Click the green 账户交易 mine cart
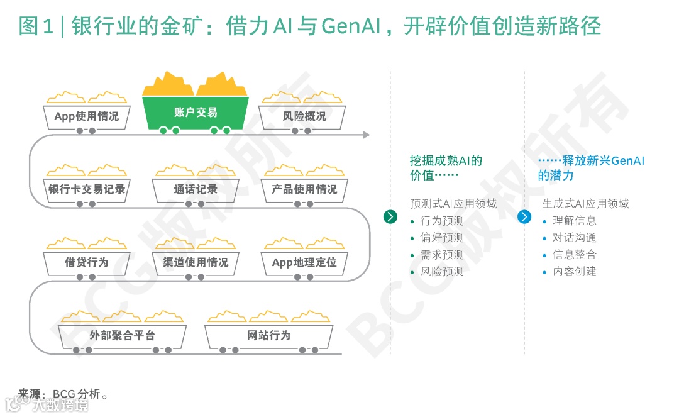coord(195,113)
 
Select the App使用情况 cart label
coord(86,116)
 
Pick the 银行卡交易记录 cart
coord(87,189)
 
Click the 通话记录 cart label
coord(196,189)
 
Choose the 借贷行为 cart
coord(86,262)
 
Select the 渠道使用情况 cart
coord(196,262)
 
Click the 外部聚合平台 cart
coord(122,335)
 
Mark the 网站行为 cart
coord(269,335)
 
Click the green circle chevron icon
coord(390,217)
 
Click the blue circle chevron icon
coord(524,217)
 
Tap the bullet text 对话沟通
coord(575,238)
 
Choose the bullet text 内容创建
coord(575,272)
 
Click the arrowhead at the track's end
coord(367,135)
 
